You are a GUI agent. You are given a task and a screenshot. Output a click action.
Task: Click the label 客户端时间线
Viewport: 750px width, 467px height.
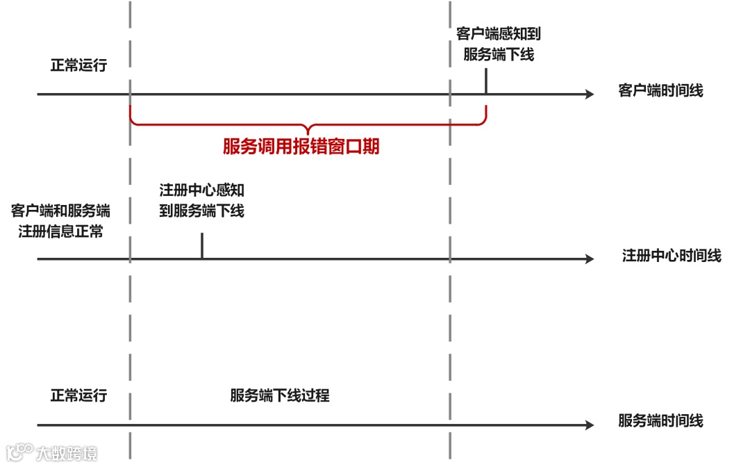tap(660, 90)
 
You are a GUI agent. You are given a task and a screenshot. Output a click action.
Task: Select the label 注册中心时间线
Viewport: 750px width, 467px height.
tap(671, 256)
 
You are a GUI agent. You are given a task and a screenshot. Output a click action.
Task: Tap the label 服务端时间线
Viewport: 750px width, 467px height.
tap(660, 420)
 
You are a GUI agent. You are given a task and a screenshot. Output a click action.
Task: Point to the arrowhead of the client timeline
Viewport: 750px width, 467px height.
tap(590, 94)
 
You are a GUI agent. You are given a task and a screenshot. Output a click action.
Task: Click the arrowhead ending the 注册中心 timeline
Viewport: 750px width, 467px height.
tap(590, 259)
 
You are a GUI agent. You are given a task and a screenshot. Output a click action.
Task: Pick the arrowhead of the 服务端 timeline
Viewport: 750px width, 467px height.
tap(590, 425)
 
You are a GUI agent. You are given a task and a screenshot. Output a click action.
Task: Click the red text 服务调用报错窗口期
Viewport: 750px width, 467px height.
tap(301, 147)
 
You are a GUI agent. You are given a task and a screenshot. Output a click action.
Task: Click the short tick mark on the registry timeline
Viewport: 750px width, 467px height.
tap(202, 246)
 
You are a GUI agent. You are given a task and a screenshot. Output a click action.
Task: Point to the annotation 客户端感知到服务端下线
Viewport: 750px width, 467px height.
tap(498, 44)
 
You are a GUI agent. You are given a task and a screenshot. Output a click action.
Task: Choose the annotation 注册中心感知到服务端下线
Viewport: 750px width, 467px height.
tap(201, 200)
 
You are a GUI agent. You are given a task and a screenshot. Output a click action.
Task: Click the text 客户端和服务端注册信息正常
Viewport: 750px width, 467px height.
tap(60, 221)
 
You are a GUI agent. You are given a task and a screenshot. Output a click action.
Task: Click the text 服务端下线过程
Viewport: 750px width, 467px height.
tap(279, 396)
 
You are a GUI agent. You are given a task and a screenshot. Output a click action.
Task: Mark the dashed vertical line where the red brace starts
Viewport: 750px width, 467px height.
tap(130, 208)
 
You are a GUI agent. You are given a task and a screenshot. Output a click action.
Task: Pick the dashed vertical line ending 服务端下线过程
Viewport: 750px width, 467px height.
tap(450, 313)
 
